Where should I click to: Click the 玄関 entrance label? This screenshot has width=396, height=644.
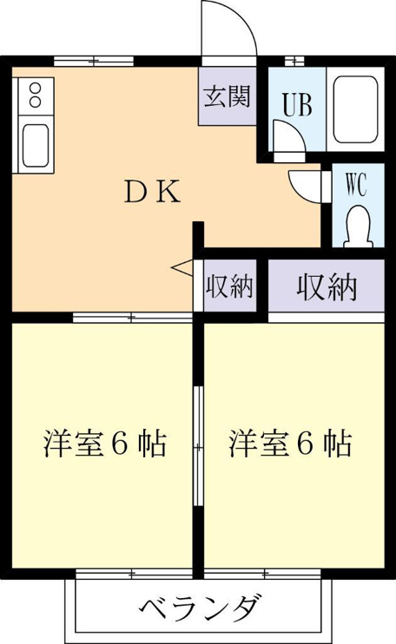coord(228,97)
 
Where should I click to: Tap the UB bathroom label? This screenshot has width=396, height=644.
coord(297,104)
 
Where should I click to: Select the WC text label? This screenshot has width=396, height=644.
coord(356,185)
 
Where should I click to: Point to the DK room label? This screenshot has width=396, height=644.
coord(152,193)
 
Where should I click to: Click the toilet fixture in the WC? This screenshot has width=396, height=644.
coord(358,227)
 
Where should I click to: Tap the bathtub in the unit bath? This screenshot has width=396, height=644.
coord(355,109)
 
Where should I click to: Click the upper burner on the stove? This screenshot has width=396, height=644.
coord(36,88)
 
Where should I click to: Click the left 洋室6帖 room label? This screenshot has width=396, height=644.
coord(105,444)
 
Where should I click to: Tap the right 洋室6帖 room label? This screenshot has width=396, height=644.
coord(290,444)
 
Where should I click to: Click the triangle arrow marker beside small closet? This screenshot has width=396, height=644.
coord(182,267)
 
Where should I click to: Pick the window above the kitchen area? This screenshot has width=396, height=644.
coord(94,62)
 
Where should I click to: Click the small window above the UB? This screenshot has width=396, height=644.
coord(295,61)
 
